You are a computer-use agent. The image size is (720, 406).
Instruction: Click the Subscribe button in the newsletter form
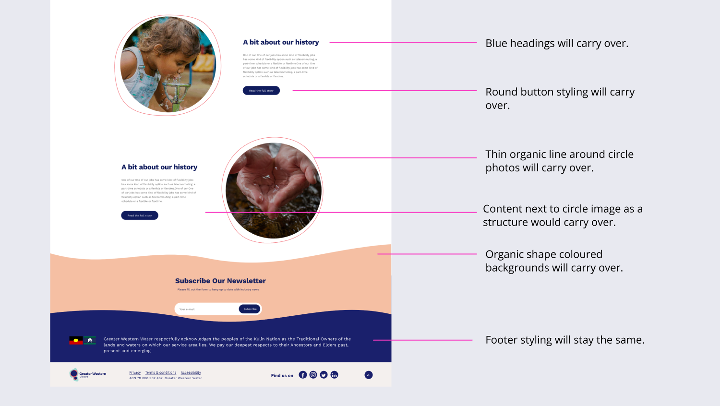[250, 309]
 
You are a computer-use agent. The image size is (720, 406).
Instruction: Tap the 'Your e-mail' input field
[206, 309]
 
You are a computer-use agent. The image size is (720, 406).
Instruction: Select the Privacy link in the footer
[135, 372]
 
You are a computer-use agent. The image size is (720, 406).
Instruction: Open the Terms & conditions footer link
[161, 372]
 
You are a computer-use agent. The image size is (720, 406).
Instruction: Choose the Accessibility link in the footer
[191, 372]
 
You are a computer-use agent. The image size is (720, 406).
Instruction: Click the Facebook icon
[303, 375]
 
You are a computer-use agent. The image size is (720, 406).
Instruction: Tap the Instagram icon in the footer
[313, 375]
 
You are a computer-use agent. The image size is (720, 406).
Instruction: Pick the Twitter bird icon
[324, 375]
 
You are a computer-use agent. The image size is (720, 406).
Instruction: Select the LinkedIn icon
[335, 375]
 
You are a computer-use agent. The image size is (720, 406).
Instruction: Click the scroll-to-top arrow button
[369, 375]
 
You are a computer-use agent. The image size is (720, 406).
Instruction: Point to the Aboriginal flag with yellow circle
[76, 340]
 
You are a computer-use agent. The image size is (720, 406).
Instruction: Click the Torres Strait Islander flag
[90, 340]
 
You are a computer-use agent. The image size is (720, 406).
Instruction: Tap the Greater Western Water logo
[87, 374]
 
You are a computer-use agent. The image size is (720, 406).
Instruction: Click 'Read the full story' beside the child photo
[261, 91]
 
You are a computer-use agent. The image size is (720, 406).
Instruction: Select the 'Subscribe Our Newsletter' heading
[220, 281]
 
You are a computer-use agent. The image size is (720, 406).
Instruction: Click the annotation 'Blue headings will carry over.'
[557, 43]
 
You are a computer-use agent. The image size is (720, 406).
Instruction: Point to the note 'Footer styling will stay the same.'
[564, 340]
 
